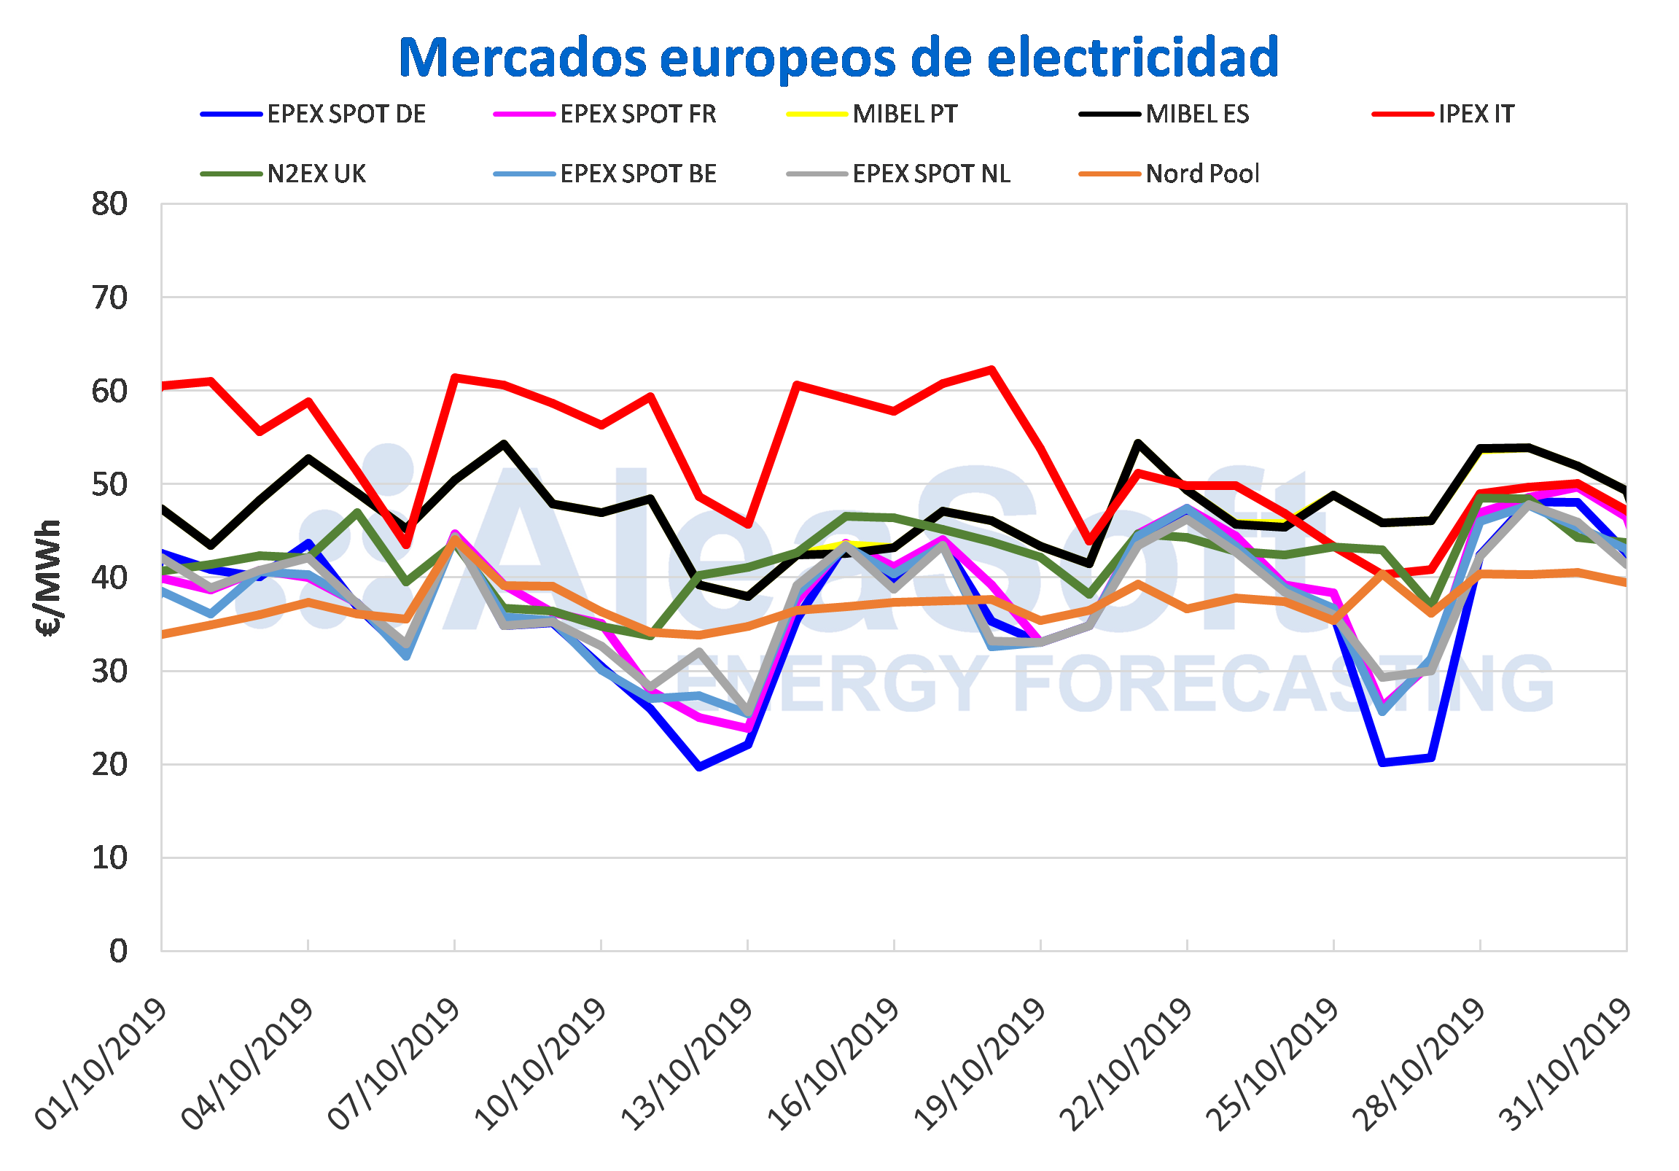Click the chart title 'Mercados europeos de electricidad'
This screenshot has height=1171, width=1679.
(x=838, y=58)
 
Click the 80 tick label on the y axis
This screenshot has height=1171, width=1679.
(x=109, y=204)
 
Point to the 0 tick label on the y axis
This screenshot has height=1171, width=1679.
(x=118, y=951)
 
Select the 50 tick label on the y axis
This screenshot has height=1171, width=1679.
(x=109, y=484)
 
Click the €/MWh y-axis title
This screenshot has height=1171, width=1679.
(x=50, y=577)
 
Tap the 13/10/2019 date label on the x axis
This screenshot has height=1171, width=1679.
(x=687, y=1065)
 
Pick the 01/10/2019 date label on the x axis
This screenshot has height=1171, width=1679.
(x=101, y=1065)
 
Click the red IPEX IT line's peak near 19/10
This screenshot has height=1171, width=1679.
(x=992, y=370)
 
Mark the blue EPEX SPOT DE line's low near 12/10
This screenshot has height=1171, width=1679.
(x=699, y=767)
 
